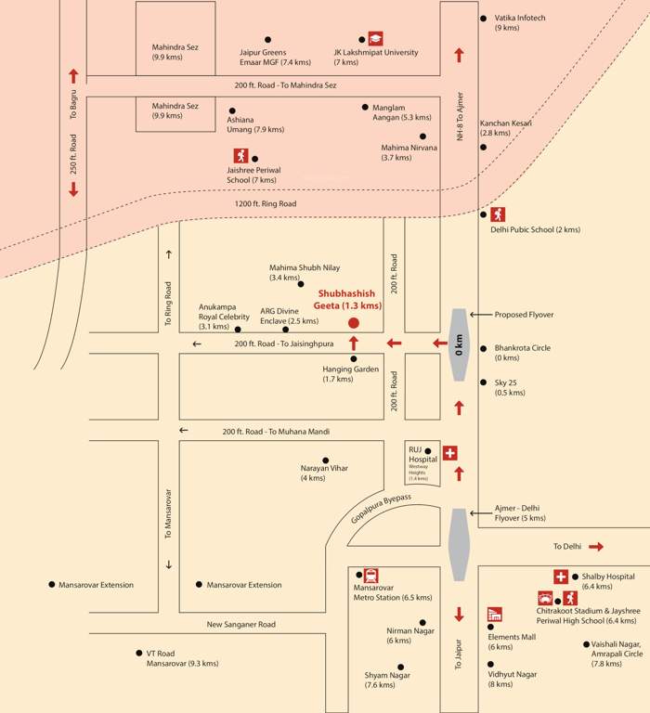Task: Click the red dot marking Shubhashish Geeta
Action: point(353,323)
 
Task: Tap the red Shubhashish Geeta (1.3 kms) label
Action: point(349,299)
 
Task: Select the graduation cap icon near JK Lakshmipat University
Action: point(375,39)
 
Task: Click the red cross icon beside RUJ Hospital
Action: point(450,453)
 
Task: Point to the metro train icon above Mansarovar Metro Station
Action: point(370,575)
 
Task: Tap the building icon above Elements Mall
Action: point(494,615)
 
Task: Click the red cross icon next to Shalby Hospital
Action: point(561,577)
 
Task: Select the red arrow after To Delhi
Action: point(596,547)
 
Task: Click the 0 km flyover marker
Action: point(458,344)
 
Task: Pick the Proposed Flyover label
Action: point(523,315)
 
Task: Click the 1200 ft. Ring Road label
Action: point(265,203)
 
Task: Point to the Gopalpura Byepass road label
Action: point(381,513)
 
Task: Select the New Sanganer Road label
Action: point(240,625)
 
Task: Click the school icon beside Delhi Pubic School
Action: point(498,214)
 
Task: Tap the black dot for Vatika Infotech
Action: point(482,18)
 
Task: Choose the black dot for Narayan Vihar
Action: point(325,460)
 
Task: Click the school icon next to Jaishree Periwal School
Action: point(240,156)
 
